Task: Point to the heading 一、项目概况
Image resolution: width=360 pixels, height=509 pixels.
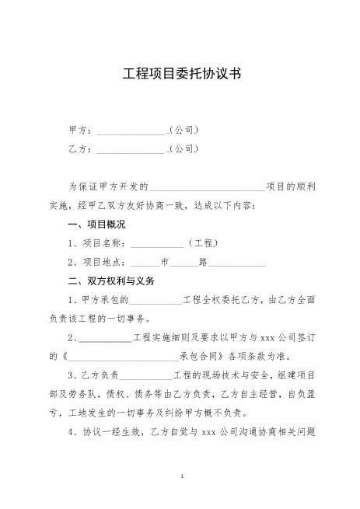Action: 96,224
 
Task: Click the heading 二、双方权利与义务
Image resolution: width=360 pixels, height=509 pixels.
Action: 112,281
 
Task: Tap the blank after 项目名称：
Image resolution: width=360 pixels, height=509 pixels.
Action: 157,243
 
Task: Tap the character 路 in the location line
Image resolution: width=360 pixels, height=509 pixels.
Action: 203,262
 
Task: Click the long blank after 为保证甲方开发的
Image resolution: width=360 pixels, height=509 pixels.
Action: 207,187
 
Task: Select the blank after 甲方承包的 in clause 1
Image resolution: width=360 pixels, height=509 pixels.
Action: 156,300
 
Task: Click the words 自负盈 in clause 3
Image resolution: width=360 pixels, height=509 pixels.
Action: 301,395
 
